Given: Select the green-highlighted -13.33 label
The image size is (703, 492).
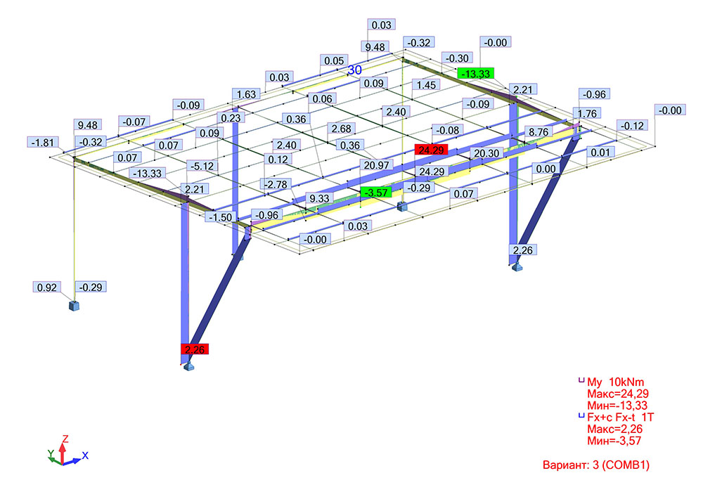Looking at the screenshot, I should (x=475, y=73).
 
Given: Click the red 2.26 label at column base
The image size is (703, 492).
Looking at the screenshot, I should (x=195, y=349).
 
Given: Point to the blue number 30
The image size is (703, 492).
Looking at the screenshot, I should (x=355, y=70).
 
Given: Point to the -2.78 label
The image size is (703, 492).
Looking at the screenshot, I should (x=276, y=184).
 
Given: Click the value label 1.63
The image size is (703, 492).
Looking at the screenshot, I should (x=247, y=94).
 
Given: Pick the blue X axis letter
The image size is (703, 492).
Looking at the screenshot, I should (x=86, y=455).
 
